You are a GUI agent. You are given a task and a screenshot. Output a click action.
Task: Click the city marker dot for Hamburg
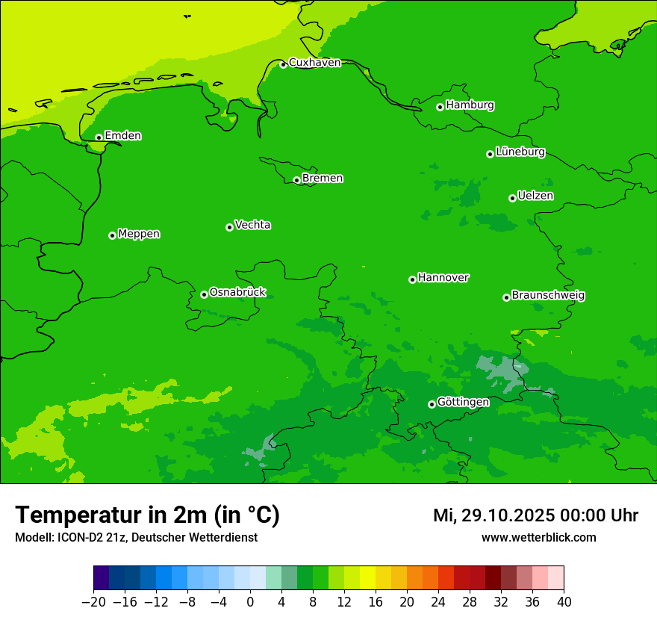(x=440, y=107)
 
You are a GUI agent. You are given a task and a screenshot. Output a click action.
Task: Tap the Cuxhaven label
(x=314, y=63)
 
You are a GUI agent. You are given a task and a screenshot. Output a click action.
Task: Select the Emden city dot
(x=99, y=137)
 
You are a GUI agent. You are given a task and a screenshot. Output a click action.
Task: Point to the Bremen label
(x=323, y=179)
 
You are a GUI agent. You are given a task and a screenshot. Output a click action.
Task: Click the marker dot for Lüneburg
(x=490, y=154)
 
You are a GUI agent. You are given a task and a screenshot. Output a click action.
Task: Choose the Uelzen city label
(x=535, y=196)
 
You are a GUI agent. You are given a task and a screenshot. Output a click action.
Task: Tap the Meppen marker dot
(x=112, y=235)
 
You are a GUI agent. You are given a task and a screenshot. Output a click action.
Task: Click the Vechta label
(x=252, y=225)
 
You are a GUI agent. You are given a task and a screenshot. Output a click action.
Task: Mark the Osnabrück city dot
(x=204, y=294)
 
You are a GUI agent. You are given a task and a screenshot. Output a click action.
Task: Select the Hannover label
(x=443, y=278)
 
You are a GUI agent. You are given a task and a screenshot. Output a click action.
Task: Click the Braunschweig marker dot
(x=506, y=297)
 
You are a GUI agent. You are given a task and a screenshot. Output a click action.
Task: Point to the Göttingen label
(x=463, y=403)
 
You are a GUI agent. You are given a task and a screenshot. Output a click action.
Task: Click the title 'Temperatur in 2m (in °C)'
(x=147, y=515)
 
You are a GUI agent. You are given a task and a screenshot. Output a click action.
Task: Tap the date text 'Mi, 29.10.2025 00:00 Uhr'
(x=535, y=516)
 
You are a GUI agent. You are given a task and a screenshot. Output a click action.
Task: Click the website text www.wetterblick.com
(x=538, y=538)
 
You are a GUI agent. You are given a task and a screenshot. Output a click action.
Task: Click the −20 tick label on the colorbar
(x=93, y=602)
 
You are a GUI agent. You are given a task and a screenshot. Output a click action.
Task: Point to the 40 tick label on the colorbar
(x=564, y=602)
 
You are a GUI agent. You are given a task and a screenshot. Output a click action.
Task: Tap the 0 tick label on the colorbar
(x=250, y=602)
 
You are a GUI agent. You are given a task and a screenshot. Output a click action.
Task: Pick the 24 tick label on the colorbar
(x=438, y=602)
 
